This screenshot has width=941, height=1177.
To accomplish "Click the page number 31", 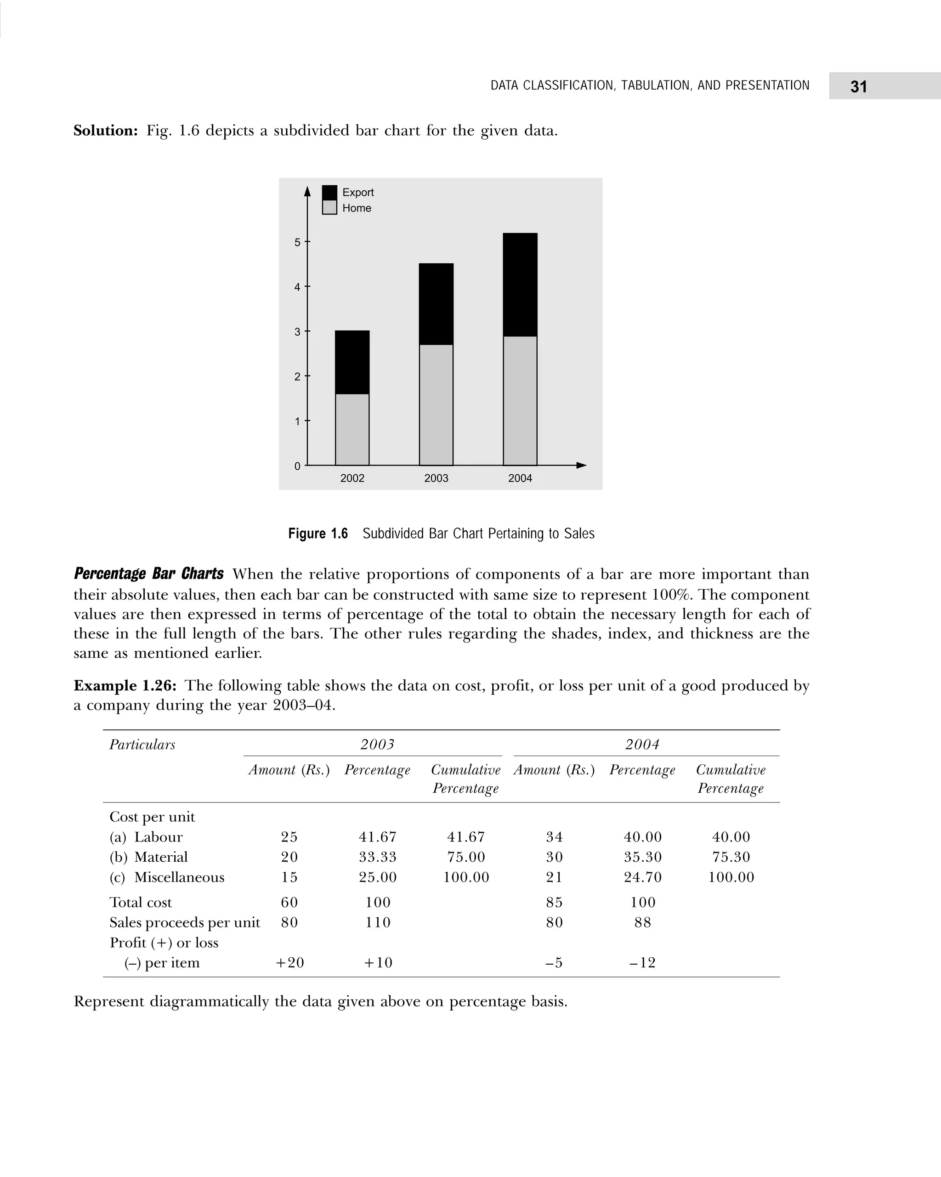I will [858, 87].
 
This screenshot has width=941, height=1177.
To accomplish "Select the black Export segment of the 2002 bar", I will [352, 362].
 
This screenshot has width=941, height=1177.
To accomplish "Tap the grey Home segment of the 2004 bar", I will [520, 401].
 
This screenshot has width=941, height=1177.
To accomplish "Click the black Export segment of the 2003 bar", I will [436, 304].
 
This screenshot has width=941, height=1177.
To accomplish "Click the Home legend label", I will [357, 208].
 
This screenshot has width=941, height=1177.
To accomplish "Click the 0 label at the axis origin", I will [297, 466].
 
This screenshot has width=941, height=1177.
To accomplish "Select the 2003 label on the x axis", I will [436, 478].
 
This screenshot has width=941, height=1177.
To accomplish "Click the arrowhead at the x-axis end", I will [581, 465].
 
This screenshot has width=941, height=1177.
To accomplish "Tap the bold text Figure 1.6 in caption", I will [317, 534].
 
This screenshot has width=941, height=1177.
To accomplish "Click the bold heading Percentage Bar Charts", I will [148, 574].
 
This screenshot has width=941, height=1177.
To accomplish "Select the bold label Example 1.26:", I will [125, 685].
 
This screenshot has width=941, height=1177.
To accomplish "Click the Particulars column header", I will [142, 745].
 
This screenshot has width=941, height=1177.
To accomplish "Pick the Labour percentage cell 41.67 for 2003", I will [377, 837].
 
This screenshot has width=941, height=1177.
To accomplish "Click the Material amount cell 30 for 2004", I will [554, 857].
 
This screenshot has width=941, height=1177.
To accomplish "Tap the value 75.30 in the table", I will [731, 857].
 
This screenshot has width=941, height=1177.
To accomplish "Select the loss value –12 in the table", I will [642, 962].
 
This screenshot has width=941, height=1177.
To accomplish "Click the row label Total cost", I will [140, 903].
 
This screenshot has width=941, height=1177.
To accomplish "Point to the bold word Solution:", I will [106, 131].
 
